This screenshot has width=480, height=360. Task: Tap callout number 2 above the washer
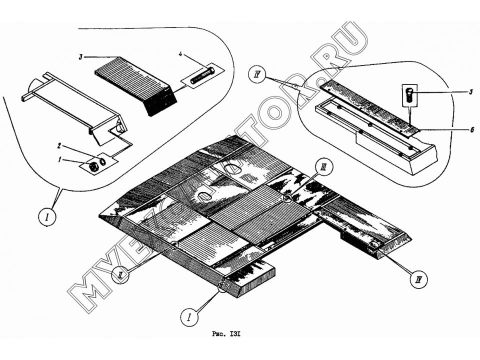click(59, 145)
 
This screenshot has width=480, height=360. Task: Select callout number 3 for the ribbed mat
click(80, 57)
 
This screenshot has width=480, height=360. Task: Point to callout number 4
click(180, 54)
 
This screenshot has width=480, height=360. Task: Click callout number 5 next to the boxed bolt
click(471, 92)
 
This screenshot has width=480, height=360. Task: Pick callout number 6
click(471, 130)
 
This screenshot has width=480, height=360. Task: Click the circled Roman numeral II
click(120, 275)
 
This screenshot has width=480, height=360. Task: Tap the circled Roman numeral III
click(324, 167)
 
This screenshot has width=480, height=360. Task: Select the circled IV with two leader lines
click(257, 74)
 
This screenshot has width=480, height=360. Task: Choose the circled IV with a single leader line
click(419, 279)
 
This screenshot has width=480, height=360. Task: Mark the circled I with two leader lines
click(48, 216)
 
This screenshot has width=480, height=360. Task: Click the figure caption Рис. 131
click(226, 334)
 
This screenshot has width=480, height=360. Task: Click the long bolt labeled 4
click(202, 76)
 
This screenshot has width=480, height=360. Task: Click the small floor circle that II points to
click(174, 245)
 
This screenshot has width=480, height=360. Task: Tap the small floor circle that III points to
click(287, 198)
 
